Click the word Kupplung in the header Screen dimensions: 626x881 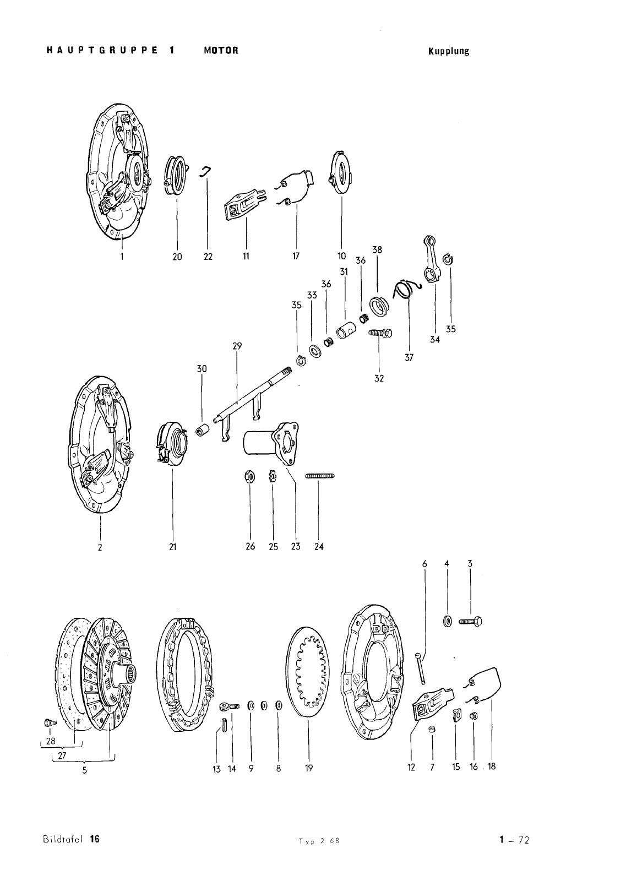coord(449,51)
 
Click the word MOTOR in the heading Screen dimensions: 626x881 coord(221,50)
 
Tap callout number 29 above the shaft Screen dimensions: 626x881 coord(237,346)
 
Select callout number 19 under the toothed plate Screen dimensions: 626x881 coord(309,768)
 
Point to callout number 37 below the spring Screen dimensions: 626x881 coord(409,357)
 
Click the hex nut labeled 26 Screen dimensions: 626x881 coord(250,477)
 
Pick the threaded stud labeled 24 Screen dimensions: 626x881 coord(320,476)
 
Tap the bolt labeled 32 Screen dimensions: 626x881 coord(380,334)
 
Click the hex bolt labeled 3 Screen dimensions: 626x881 coord(470,622)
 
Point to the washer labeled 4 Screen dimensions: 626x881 coord(447,622)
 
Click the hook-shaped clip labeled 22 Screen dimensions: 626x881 coord(206,171)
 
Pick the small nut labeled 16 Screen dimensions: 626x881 coord(473,716)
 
